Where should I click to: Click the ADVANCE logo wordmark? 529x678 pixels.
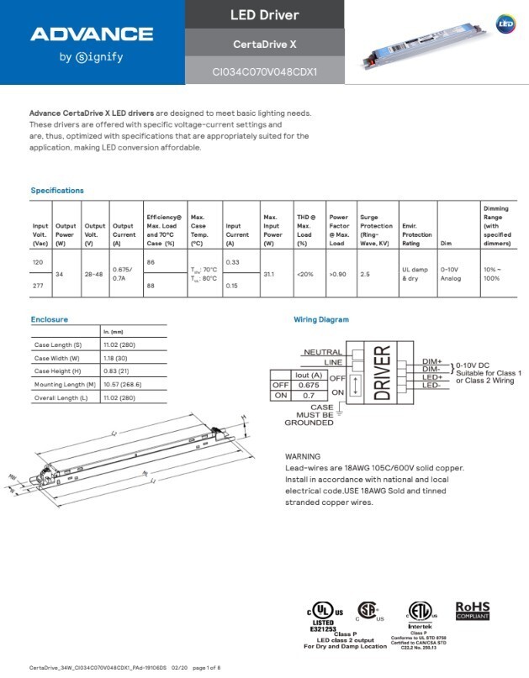click(x=92, y=34)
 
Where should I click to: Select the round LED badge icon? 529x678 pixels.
click(x=505, y=24)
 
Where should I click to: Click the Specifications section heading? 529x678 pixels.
click(x=57, y=191)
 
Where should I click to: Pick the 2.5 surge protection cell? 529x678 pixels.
click(x=366, y=274)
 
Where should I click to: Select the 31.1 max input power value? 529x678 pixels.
click(x=269, y=274)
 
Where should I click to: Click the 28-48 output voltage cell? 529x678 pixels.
click(x=94, y=274)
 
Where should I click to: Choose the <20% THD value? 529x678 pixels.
click(x=304, y=274)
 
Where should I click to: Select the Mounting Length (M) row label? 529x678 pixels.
click(x=64, y=384)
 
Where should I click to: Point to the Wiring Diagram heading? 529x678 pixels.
click(x=320, y=319)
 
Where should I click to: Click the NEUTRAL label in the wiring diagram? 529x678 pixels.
click(x=322, y=353)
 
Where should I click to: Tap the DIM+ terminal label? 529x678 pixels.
click(x=432, y=360)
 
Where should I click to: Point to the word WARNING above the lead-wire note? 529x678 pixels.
click(x=304, y=456)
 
